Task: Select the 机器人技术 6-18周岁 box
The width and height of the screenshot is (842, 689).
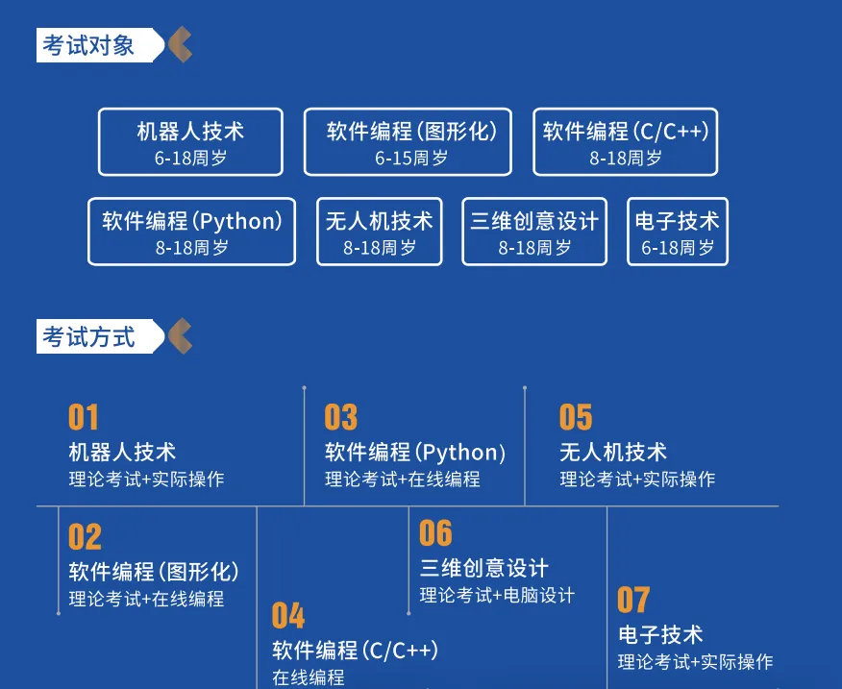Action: pos(190,141)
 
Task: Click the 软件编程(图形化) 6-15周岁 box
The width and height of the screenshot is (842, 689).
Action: pos(408,141)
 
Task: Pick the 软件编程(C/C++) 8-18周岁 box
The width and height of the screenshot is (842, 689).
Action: pos(625,141)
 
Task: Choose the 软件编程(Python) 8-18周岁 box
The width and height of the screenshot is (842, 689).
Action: pos(191,232)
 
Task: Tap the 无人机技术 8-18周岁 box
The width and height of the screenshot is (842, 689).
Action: pos(379,232)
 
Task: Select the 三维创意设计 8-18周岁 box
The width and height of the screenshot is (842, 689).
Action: pos(534,232)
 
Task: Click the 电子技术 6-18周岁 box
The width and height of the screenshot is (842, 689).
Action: pos(677,232)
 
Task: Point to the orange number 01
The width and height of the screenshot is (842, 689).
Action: pos(84,418)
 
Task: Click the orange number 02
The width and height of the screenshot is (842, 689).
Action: pos(85,537)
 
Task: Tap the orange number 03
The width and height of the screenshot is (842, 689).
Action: pos(340,418)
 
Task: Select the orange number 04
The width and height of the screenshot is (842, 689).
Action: pos(287,615)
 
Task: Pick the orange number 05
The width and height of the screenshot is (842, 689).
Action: pos(576,418)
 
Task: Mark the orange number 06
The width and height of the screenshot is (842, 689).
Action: pos(435,533)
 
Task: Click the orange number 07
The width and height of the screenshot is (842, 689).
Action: pos(633,600)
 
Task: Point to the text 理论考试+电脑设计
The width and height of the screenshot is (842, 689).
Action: pos(497,596)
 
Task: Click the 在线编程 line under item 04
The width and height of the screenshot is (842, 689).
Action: pos(308,677)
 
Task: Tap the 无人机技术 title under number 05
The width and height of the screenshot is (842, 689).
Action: pos(613,452)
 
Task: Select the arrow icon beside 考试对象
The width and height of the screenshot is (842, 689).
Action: pos(180,45)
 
